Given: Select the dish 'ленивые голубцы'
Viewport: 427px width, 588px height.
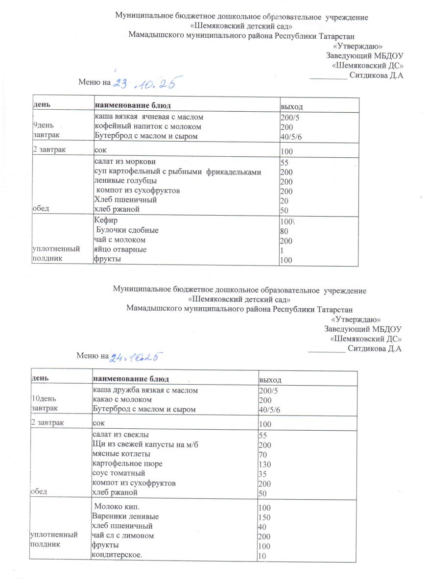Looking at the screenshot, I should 119,181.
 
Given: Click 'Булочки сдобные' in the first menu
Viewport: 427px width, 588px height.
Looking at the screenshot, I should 127,230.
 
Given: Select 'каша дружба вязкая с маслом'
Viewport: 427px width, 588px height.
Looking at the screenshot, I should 145,391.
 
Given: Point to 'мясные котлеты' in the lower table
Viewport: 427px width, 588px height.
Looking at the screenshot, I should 118,454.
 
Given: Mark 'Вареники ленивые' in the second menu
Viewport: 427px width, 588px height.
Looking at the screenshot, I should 125,516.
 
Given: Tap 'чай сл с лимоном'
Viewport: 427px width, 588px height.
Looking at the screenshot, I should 123,536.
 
